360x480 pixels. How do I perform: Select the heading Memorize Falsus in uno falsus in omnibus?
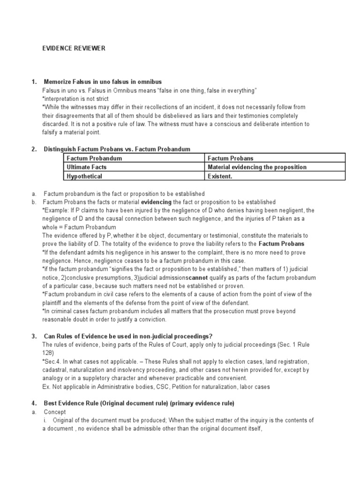(x=103, y=82)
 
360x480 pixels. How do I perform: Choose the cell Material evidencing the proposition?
(x=257, y=167)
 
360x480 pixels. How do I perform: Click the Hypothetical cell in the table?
(x=84, y=176)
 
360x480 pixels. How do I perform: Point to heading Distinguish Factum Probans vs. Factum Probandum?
(x=117, y=149)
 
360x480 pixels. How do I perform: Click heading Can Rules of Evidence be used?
(x=127, y=336)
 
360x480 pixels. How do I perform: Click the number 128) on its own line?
(x=48, y=352)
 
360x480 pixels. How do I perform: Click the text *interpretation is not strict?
(x=75, y=99)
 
